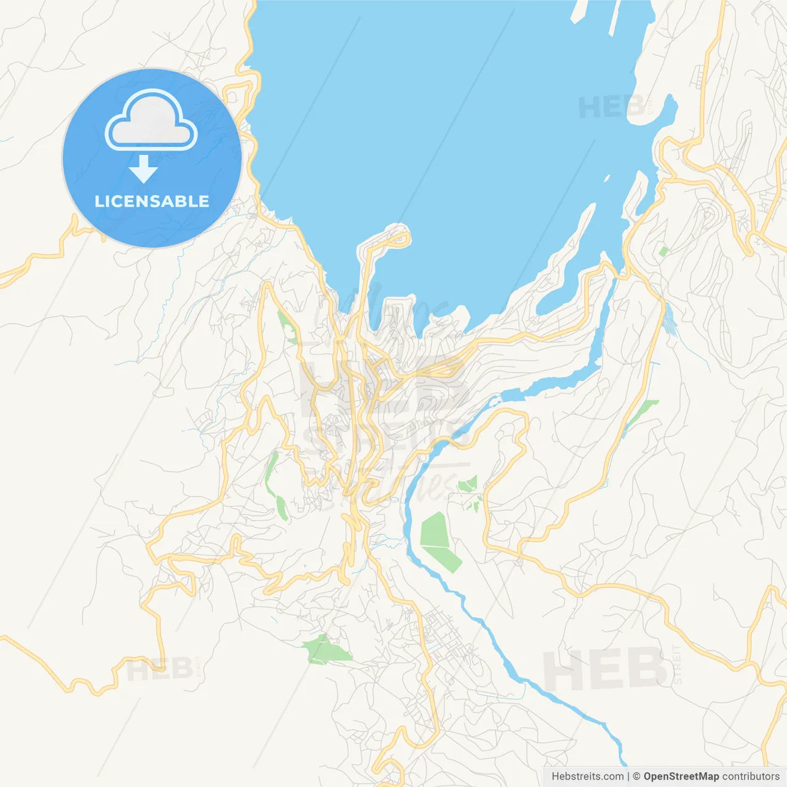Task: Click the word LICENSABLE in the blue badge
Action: point(151,201)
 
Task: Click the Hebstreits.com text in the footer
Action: point(587,777)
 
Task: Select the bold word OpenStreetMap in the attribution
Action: point(681,777)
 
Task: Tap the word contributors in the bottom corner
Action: point(751,777)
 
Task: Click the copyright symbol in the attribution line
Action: point(636,777)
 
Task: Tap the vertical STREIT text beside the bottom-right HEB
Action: point(678,664)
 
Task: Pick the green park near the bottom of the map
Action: point(326,651)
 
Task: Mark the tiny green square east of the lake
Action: point(663,251)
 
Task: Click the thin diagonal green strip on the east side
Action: point(642,413)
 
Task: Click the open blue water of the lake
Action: point(443,123)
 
